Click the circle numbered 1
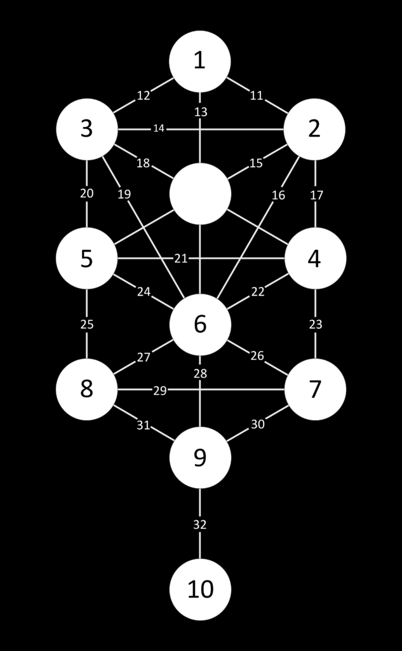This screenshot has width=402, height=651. tap(200, 61)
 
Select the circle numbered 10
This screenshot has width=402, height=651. tap(200, 589)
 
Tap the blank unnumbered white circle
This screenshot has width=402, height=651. tap(200, 194)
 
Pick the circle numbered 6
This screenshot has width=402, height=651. tap(200, 324)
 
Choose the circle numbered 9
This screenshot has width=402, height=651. tap(200, 458)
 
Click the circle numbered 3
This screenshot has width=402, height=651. tap(86, 129)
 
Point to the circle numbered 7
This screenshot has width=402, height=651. tap(315, 389)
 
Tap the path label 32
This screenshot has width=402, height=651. tap(200, 524)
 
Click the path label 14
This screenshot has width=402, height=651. tap(159, 129)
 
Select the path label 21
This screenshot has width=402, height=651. tap(181, 258)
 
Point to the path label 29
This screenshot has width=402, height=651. tap(160, 390)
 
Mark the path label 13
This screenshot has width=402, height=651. tap(201, 112)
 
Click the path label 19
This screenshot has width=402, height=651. tap(124, 195)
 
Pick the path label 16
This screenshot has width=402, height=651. tap(278, 195)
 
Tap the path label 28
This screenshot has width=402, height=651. tap(200, 374)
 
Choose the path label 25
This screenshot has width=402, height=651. tap(87, 324)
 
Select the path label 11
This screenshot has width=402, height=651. tap(257, 96)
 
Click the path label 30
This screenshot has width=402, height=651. tap(257, 424)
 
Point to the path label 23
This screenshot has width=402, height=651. tap(316, 324)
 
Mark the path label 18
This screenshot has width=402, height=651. tap(143, 163)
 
